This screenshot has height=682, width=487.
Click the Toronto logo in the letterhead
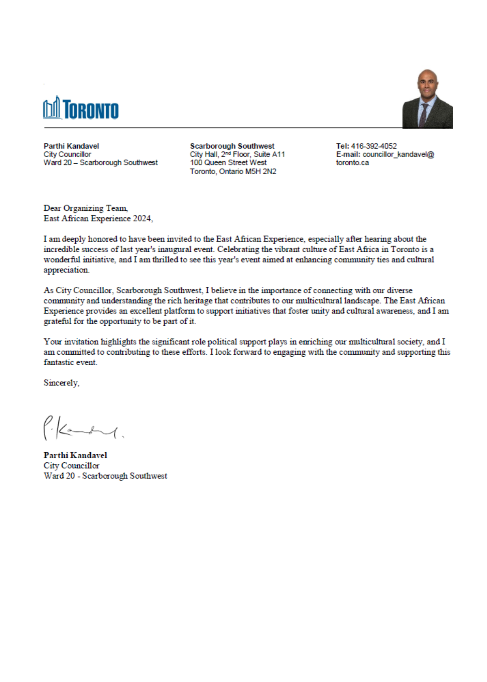(81, 108)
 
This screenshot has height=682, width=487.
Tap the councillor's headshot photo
(427, 99)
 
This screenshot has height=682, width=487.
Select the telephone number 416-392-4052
(374, 146)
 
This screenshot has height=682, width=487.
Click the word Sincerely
(61, 383)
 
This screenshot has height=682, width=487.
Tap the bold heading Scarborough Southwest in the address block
(232, 146)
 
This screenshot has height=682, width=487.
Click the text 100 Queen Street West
(228, 163)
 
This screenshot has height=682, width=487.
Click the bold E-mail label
(348, 154)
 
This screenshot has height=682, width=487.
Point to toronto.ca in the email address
(352, 163)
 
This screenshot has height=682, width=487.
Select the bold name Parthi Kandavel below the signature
(75, 455)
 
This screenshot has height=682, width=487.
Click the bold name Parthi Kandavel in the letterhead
(71, 146)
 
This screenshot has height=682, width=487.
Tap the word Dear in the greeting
(52, 208)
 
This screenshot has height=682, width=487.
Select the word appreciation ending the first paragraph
(66, 270)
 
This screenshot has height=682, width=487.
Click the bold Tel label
(342, 146)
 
